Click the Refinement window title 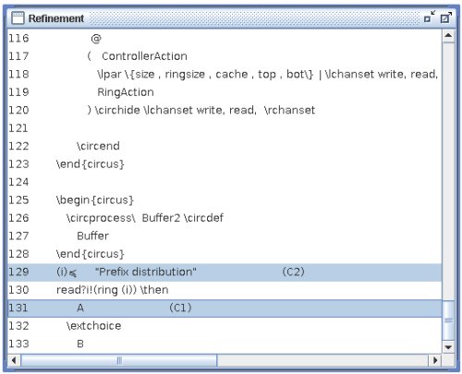[56, 18]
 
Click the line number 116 [18, 39]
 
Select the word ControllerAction [144, 56]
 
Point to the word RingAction [126, 92]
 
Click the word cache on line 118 [232, 74]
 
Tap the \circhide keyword [117, 110]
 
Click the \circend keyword [98, 146]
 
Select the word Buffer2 [161, 218]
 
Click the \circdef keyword [203, 218]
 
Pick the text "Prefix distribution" [146, 272]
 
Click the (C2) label [293, 272]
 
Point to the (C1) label [180, 308]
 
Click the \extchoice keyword [93, 326]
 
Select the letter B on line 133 [80, 344]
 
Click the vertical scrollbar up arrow [448, 36]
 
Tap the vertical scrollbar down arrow [448, 347]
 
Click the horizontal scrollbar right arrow [435, 360]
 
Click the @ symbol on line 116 [96, 39]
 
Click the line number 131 [18, 308]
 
